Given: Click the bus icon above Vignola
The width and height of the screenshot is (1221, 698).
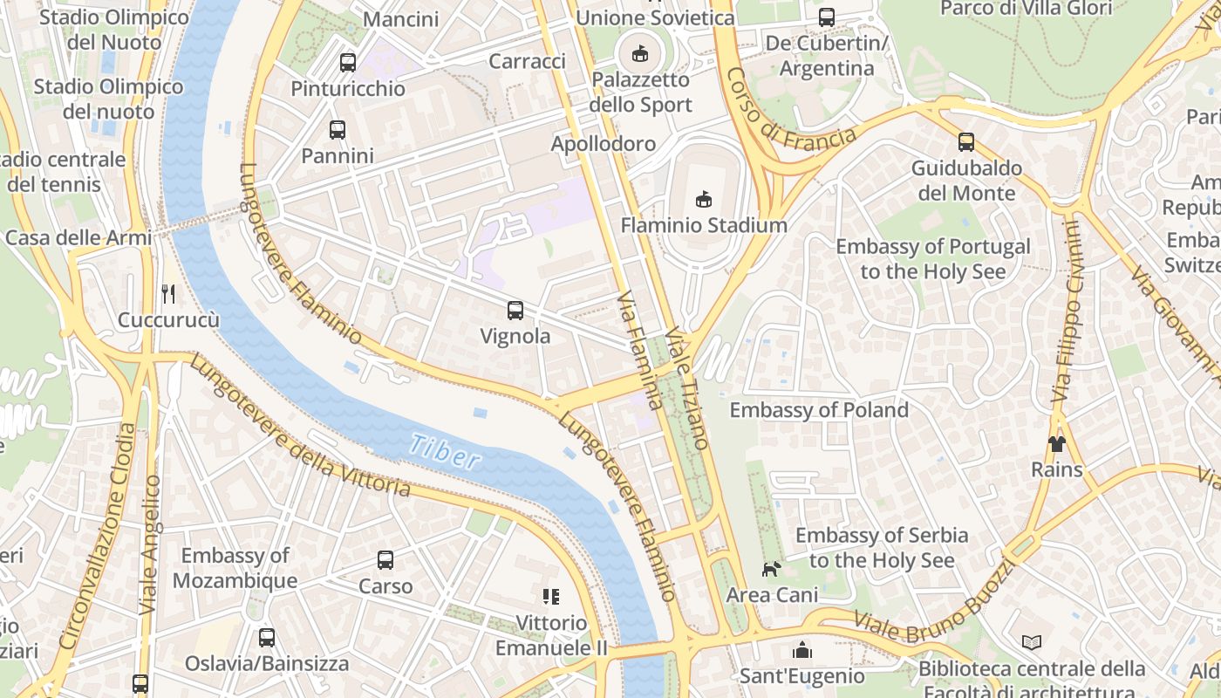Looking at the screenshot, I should [515, 310].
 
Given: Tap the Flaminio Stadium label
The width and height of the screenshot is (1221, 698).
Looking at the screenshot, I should [703, 225].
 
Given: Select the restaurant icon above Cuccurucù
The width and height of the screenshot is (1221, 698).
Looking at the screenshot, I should [168, 294].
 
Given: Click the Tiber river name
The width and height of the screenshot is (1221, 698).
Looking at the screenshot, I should [444, 453].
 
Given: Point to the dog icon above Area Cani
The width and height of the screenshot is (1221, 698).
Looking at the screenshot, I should [771, 569].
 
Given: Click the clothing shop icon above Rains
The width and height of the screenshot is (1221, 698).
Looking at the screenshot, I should [1057, 444].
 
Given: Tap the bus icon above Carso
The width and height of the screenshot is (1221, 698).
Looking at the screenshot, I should [385, 560].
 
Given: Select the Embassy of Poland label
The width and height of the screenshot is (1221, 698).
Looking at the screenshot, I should [818, 410].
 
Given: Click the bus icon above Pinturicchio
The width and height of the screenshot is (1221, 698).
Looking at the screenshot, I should [348, 63].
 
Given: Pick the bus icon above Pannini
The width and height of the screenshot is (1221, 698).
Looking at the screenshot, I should [338, 130].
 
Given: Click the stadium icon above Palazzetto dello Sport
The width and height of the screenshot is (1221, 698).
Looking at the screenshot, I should [640, 54].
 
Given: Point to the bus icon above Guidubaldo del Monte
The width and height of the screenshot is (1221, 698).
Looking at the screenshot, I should [965, 142].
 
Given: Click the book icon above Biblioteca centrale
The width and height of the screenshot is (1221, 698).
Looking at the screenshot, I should [1032, 643].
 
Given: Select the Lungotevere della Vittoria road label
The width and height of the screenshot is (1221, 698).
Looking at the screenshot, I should [301, 428].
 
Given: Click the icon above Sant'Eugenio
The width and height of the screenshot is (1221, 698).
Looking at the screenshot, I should [801, 650].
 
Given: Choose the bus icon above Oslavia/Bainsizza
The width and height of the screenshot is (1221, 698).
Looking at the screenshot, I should [267, 638].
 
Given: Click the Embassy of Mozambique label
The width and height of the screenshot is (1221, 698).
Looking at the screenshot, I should [235, 568].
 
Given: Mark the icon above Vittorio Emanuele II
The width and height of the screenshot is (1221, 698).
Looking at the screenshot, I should [550, 597].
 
